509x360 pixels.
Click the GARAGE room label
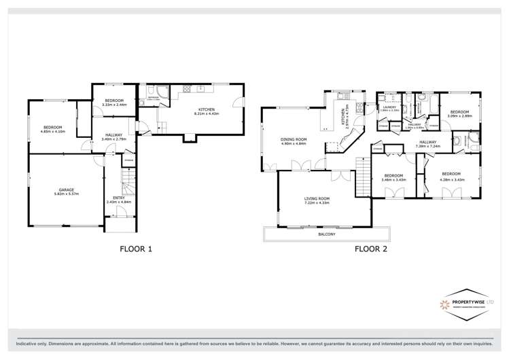(66, 190)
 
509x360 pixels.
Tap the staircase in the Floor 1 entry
(128, 183)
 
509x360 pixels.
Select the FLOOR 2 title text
(370, 249)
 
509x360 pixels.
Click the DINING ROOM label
(294, 141)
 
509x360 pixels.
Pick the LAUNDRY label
(389, 107)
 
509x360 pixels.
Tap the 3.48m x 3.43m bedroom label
(393, 177)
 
